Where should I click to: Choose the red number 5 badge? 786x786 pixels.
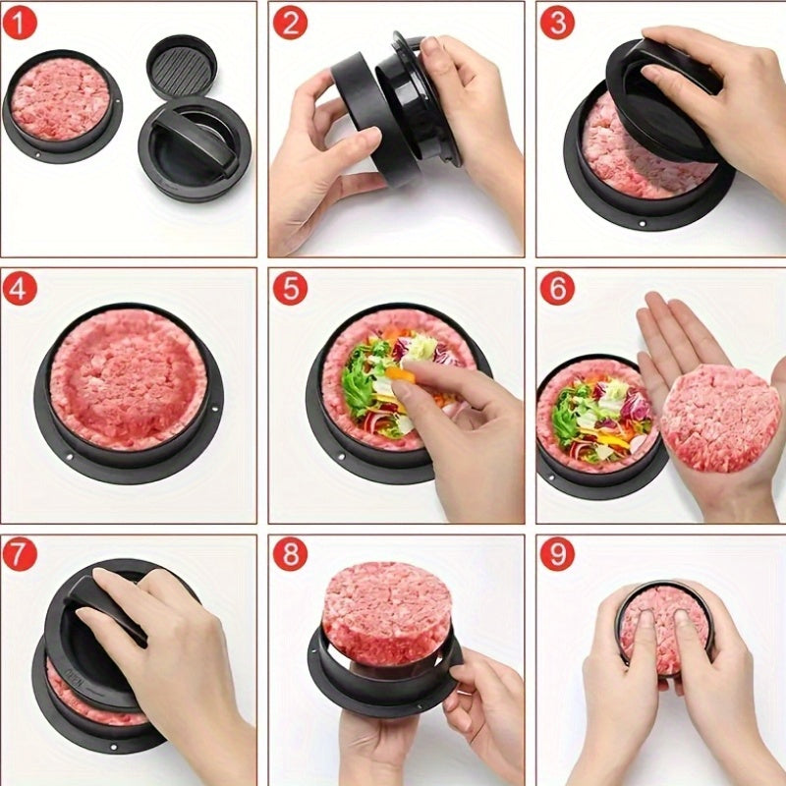[x=289, y=289]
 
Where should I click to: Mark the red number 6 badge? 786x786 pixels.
[x=556, y=289]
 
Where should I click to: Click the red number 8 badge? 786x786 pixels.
[x=289, y=555]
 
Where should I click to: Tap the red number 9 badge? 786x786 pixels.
[x=556, y=555]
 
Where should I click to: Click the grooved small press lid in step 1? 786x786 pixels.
[x=182, y=67]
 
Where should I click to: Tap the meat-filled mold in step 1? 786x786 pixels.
[x=61, y=101]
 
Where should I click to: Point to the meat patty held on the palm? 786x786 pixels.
[x=719, y=418]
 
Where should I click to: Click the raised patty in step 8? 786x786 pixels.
[x=385, y=610]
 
